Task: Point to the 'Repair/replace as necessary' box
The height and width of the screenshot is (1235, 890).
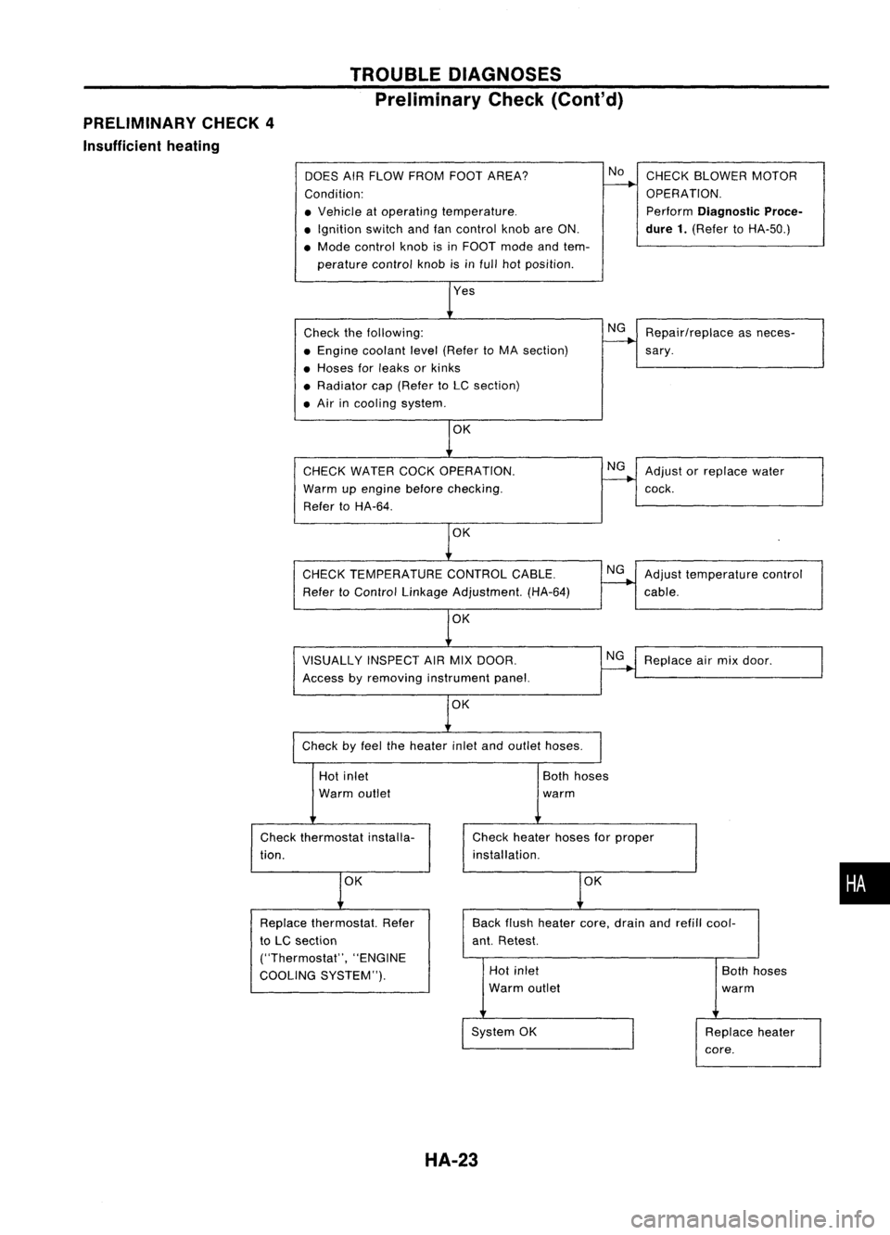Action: [x=730, y=343]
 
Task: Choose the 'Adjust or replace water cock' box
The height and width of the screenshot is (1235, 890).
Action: [x=730, y=480]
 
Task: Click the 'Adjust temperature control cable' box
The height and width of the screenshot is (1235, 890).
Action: [x=730, y=583]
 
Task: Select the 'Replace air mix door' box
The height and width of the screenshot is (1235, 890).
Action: [x=730, y=661]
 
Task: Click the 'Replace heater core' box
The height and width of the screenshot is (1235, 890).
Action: [x=757, y=1041]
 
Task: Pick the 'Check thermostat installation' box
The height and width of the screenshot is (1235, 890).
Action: [x=338, y=846]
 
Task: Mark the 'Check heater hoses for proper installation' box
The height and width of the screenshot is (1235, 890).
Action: [x=578, y=846]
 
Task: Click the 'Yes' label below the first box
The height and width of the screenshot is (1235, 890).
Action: [x=464, y=291]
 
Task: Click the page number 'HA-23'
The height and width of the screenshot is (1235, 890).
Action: [x=446, y=1158]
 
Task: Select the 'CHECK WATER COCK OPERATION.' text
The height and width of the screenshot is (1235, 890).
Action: [x=409, y=471]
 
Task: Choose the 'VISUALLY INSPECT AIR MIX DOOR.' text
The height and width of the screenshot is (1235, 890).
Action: [x=410, y=660]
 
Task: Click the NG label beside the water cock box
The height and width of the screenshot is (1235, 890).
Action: [x=616, y=465]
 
